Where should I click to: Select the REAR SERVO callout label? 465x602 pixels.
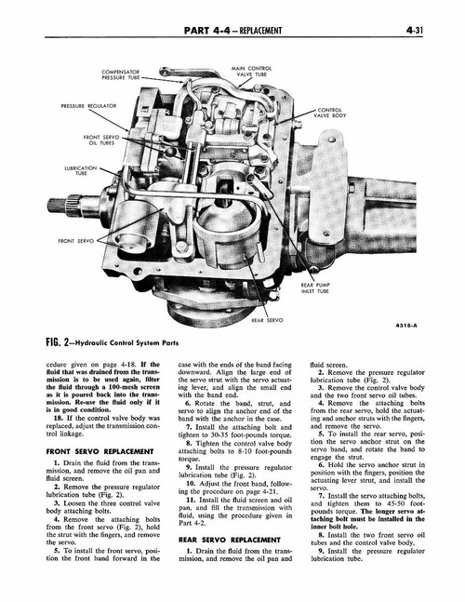[x=267, y=319]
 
